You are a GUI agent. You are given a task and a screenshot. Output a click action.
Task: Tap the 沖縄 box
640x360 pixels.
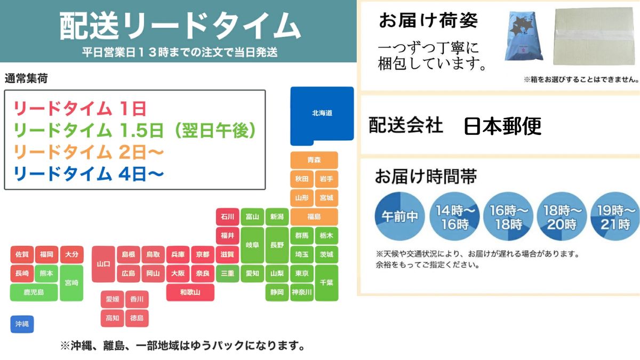[x=22, y=324]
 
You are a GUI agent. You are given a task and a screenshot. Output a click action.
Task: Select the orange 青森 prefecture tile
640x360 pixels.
[x=314, y=160]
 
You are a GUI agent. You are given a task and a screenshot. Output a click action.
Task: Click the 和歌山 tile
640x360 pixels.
[x=190, y=292]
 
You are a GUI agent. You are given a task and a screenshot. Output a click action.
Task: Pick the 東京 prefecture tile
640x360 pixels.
[x=302, y=274]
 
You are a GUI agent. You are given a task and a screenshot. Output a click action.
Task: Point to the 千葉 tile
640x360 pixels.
[x=326, y=283]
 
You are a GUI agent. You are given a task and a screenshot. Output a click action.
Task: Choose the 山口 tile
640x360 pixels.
[x=103, y=264]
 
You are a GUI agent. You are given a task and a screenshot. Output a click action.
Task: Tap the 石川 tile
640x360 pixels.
[x=227, y=217]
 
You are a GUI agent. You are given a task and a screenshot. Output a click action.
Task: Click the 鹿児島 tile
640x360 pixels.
[x=34, y=292]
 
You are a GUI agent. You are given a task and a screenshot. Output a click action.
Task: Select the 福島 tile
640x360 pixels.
[x=314, y=217]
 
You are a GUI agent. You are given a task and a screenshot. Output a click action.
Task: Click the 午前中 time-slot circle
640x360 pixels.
[x=399, y=217]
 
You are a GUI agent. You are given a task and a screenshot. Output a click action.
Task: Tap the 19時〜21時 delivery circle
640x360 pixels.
[x=615, y=217]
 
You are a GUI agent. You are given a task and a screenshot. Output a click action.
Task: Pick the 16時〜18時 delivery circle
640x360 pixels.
[x=508, y=217]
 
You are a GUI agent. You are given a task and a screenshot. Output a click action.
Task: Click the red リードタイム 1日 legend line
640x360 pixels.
[x=79, y=109]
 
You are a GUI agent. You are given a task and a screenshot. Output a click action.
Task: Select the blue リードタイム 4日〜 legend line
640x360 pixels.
[x=89, y=174]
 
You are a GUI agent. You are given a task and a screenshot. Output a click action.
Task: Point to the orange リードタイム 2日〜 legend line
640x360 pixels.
[x=89, y=152]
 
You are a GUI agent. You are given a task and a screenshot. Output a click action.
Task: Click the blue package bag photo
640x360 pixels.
[x=524, y=36]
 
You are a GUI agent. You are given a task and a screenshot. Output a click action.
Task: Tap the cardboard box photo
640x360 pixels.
[x=594, y=36]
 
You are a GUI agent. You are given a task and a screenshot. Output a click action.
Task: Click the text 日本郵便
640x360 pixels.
[x=502, y=126]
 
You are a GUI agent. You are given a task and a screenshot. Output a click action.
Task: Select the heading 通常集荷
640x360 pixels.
[x=26, y=78]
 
